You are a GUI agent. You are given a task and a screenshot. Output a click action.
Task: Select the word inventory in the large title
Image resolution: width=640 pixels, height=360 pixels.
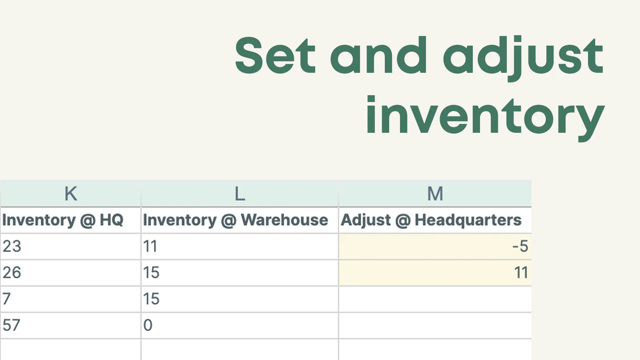point(486,118)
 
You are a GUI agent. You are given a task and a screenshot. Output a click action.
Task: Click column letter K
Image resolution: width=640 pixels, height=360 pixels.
point(70,194)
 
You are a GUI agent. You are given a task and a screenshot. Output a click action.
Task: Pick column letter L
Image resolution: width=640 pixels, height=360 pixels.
point(240,194)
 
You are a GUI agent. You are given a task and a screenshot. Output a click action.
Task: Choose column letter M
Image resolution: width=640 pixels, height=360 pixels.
point(435,194)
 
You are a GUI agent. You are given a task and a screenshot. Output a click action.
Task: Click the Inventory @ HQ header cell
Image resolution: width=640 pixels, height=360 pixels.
point(70,220)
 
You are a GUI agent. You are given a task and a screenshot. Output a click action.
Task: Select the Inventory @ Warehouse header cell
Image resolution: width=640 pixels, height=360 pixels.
point(240,220)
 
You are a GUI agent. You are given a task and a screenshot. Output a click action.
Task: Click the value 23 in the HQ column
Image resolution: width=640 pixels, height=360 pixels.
point(12,246)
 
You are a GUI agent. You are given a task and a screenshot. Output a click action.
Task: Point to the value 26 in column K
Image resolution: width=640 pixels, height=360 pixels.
point(12,272)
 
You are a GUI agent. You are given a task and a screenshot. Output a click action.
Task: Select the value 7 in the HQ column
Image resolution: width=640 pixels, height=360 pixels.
point(6,299)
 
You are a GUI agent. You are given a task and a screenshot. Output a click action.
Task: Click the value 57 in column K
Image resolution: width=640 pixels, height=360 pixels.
point(12,325)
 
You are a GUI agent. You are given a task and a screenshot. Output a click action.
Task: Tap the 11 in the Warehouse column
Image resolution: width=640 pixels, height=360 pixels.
point(150,246)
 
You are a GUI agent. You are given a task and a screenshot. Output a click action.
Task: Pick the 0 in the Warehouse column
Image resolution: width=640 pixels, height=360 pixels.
point(148,325)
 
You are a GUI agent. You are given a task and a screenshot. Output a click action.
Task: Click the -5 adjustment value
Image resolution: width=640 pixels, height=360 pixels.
point(520,246)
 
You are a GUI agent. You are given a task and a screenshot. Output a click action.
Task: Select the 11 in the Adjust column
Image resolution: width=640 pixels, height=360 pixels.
point(521,272)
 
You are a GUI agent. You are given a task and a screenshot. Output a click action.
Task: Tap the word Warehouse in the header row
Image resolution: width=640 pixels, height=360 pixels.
point(284,220)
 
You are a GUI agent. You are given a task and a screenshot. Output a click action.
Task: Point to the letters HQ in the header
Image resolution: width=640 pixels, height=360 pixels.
point(112,220)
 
